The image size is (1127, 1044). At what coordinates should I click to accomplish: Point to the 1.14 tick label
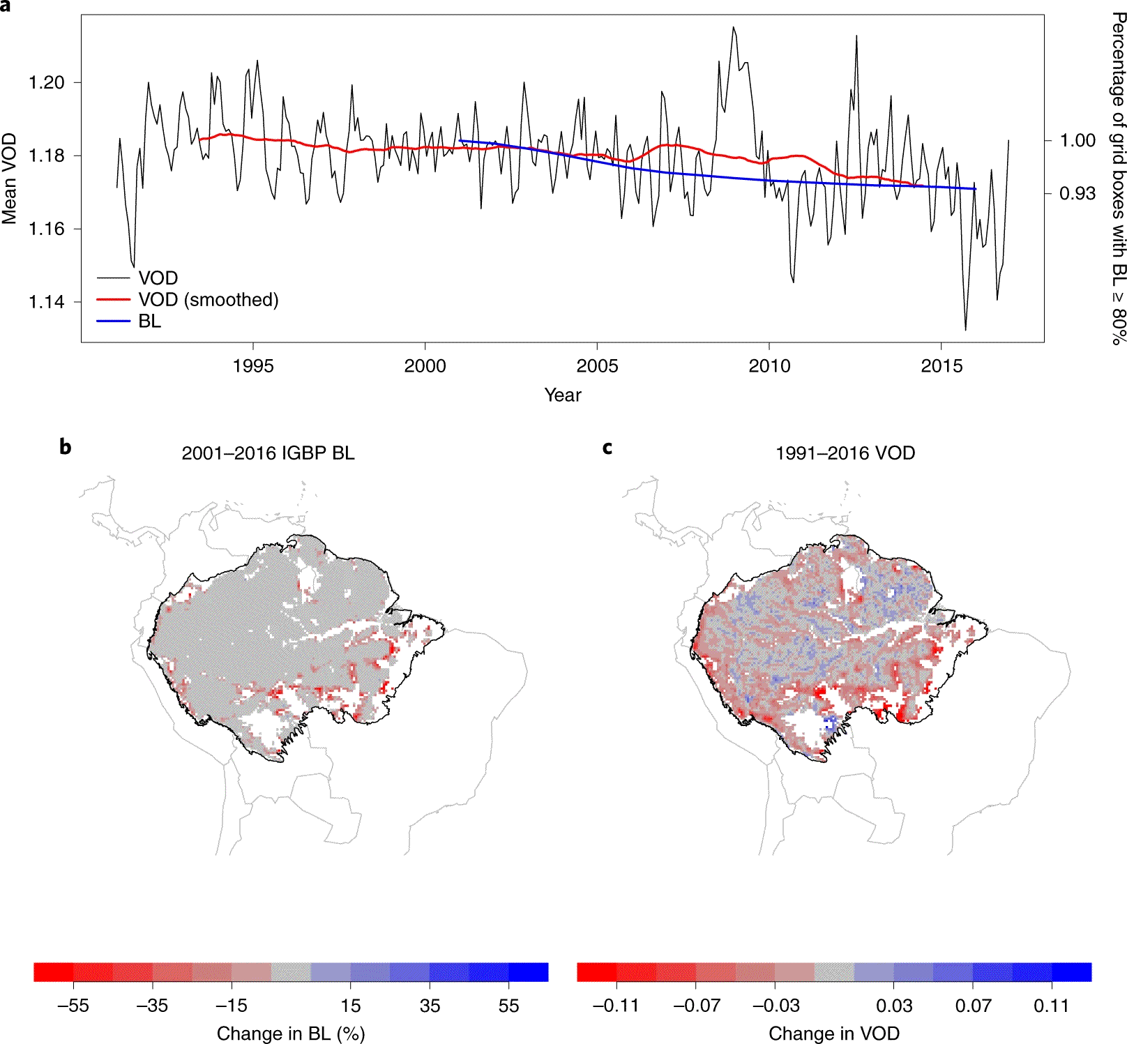[46, 302]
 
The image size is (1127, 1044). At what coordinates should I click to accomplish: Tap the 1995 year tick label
[253, 365]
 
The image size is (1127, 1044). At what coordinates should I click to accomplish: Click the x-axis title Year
[563, 395]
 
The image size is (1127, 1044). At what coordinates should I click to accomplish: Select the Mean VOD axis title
[9, 179]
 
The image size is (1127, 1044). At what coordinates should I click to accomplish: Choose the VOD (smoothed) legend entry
[208, 300]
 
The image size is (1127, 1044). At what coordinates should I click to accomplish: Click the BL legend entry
[149, 321]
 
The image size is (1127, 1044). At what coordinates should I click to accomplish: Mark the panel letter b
[65, 447]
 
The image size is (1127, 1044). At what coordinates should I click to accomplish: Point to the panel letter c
[607, 448]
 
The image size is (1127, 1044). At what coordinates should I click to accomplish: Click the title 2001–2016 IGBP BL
[268, 453]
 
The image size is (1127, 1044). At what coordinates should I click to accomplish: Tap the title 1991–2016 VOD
[845, 453]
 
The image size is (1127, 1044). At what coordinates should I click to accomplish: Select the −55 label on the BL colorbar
[73, 1006]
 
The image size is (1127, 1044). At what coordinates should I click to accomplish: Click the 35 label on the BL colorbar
[430, 1006]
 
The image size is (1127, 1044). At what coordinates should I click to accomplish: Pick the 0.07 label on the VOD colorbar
[973, 1006]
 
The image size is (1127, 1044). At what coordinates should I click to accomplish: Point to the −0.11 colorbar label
[616, 1006]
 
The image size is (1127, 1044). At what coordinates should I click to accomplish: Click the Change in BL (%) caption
[291, 1034]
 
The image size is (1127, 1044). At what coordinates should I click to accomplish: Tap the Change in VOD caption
[834, 1034]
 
